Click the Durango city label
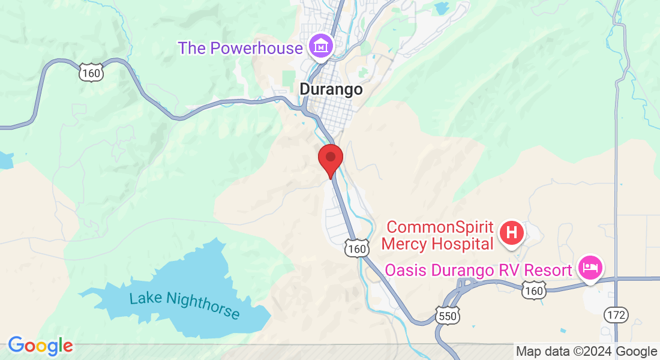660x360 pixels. [331, 89]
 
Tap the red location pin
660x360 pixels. [330, 158]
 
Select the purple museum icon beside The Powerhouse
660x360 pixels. [321, 46]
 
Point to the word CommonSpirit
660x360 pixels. [440, 227]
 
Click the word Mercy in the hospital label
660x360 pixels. [405, 244]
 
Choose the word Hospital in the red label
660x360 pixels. [463, 244]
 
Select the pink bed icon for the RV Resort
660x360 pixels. [590, 268]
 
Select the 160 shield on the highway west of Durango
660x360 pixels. [91, 73]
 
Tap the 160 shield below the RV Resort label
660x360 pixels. [533, 291]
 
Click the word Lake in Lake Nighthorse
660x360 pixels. [146, 298]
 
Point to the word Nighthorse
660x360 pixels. [203, 306]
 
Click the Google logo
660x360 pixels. [40, 346]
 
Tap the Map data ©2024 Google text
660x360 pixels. [587, 352]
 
